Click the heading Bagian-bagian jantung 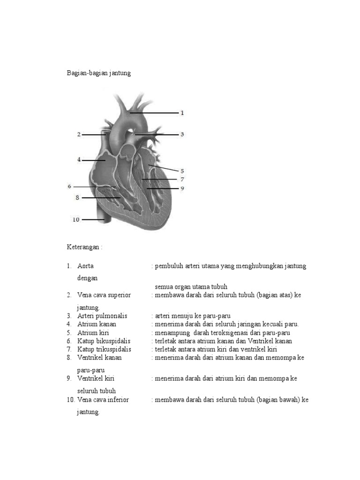click(x=98, y=74)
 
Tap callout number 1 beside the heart click(x=182, y=113)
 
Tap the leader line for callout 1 click(x=155, y=113)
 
